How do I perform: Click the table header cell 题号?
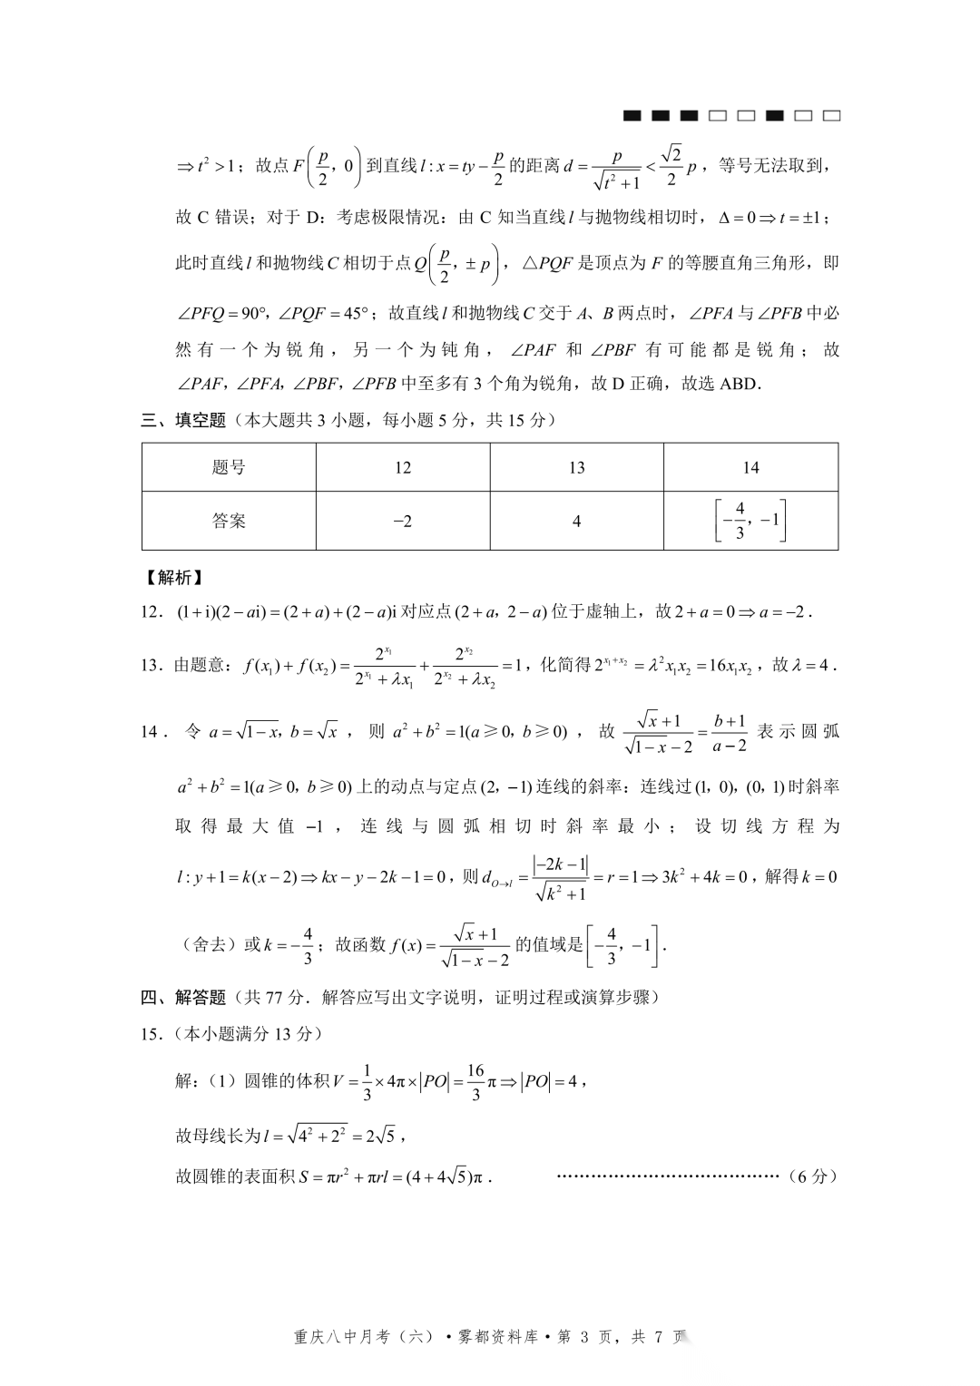[x=229, y=468]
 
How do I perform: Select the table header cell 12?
[x=403, y=468]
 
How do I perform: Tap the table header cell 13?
[x=576, y=468]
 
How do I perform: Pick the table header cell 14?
[x=750, y=468]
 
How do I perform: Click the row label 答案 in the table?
[x=229, y=521]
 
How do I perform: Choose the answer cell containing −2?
[x=403, y=521]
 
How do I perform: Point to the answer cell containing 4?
[x=576, y=521]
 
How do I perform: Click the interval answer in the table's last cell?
[x=750, y=521]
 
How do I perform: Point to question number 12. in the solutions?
[x=152, y=612]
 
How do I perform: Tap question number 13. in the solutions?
[x=152, y=665]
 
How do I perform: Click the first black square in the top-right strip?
[x=632, y=116]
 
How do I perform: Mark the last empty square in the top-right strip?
[x=831, y=116]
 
